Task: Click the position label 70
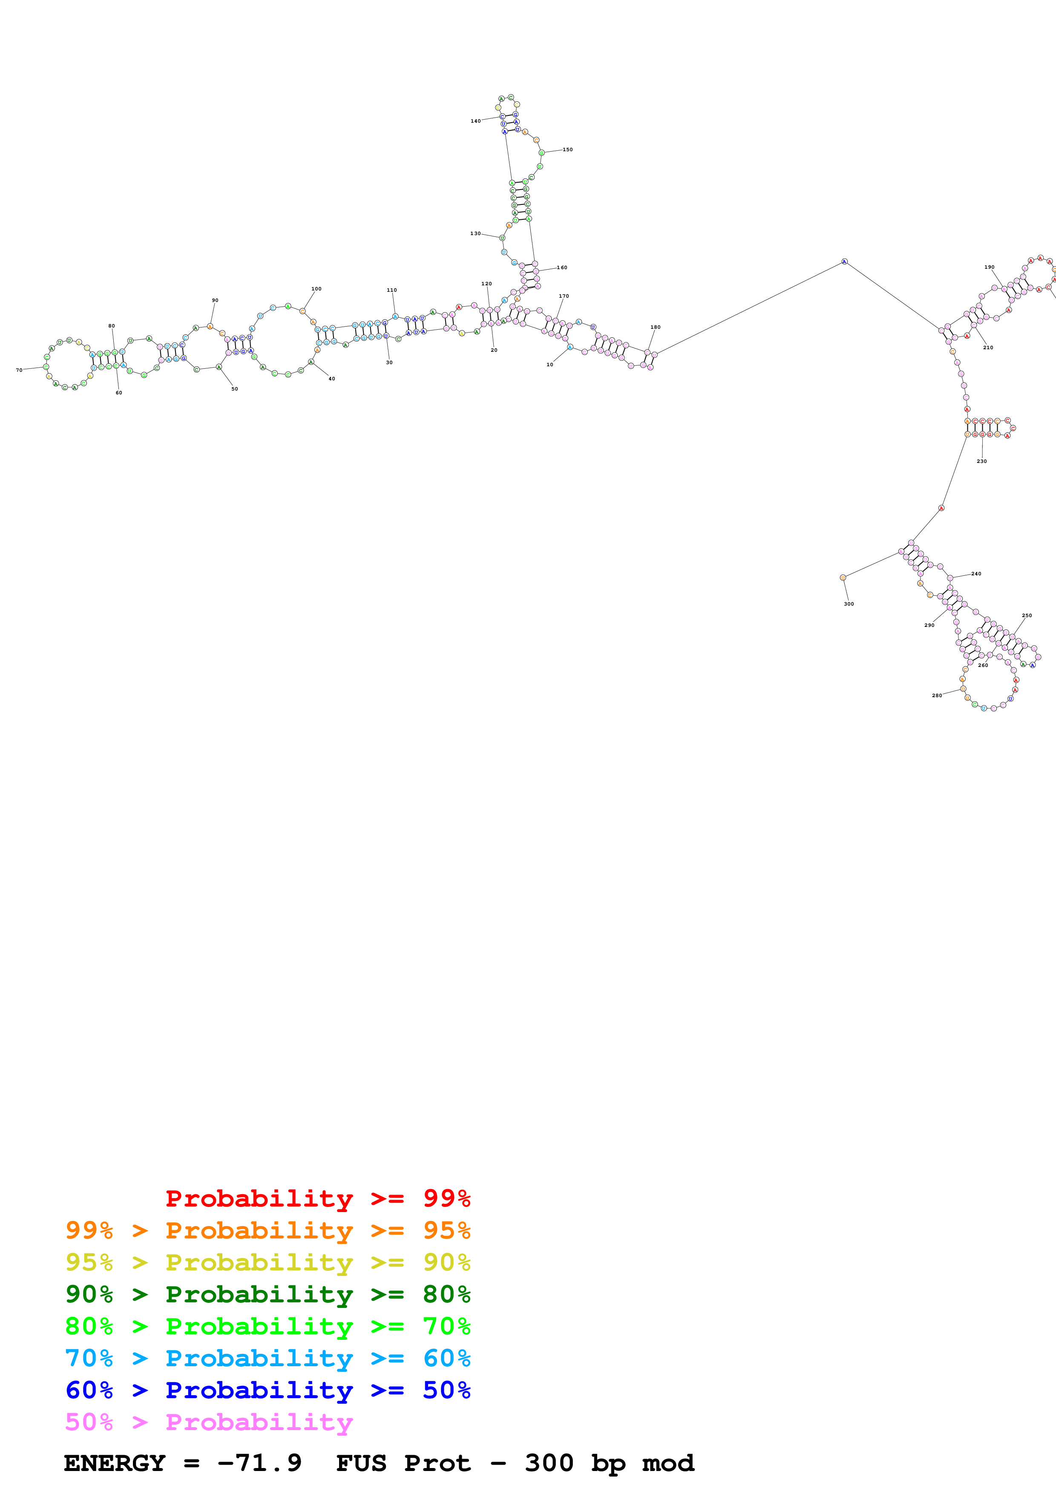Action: (x=19, y=370)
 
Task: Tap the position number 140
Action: (x=476, y=121)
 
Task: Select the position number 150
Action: (x=567, y=149)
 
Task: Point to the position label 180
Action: (x=655, y=328)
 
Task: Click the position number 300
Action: (x=849, y=604)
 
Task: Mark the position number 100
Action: (x=316, y=289)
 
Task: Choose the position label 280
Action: (x=936, y=695)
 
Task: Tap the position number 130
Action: (x=476, y=234)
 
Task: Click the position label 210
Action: (x=988, y=348)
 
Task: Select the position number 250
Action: (x=1027, y=615)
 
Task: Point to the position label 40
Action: (x=332, y=379)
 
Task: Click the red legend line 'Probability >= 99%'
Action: (x=317, y=1198)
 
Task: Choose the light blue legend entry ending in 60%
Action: (x=268, y=1358)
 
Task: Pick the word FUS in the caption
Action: (x=361, y=1463)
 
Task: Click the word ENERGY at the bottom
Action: (x=115, y=1463)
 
